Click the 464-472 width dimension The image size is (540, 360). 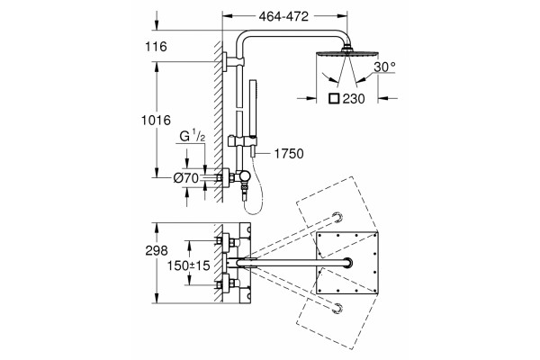[x=283, y=16]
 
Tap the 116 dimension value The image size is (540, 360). [x=156, y=47]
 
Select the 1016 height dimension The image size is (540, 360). [x=156, y=120]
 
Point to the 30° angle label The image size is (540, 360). [x=384, y=67]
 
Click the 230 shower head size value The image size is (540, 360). [x=354, y=99]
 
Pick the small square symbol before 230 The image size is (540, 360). [x=334, y=99]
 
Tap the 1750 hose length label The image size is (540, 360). [x=289, y=154]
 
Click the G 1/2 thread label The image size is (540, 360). [x=193, y=137]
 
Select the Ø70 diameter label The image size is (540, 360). [x=186, y=178]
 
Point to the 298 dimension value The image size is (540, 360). [x=157, y=250]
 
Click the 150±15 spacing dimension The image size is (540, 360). [x=188, y=265]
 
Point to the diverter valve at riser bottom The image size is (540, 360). [x=245, y=176]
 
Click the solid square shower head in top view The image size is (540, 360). [x=346, y=263]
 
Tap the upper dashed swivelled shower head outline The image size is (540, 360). [x=337, y=218]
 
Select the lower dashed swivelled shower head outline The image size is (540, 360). [x=337, y=309]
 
